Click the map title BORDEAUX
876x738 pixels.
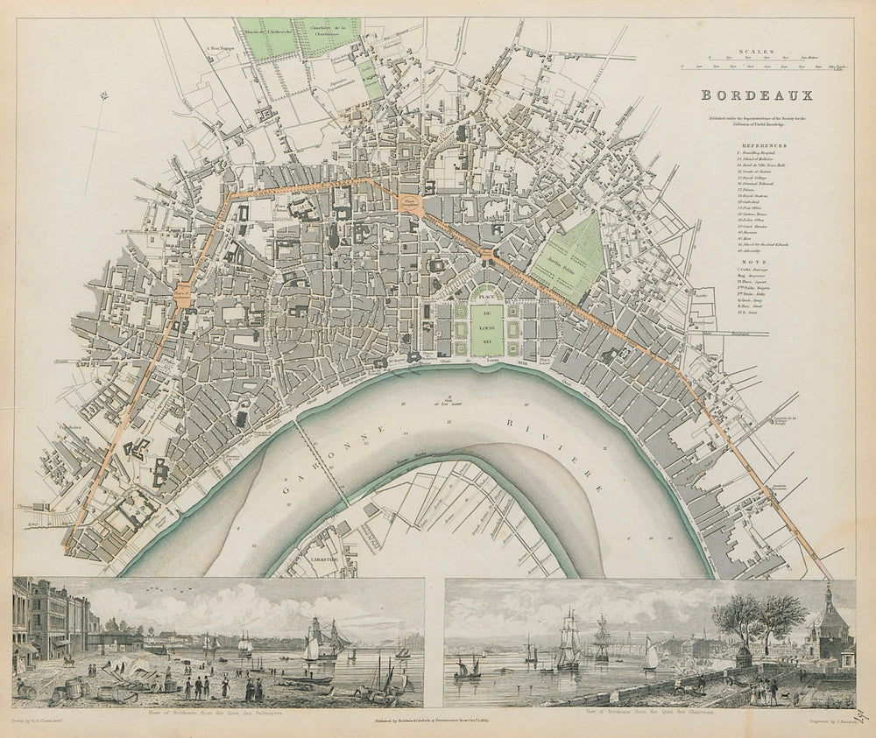tap(754, 97)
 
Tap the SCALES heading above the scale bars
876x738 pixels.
tap(754, 52)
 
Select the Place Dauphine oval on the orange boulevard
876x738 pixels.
tap(410, 203)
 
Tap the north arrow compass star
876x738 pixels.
tap(102, 96)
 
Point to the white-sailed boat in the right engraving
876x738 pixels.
tap(650, 655)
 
